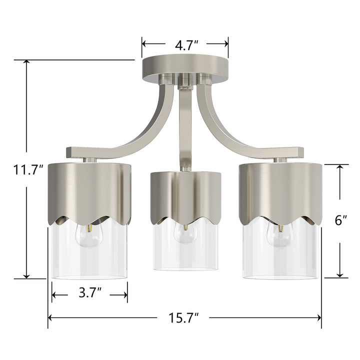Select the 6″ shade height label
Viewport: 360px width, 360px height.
341,220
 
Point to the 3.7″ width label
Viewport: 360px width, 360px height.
90,294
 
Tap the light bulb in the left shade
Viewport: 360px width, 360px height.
88,234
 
